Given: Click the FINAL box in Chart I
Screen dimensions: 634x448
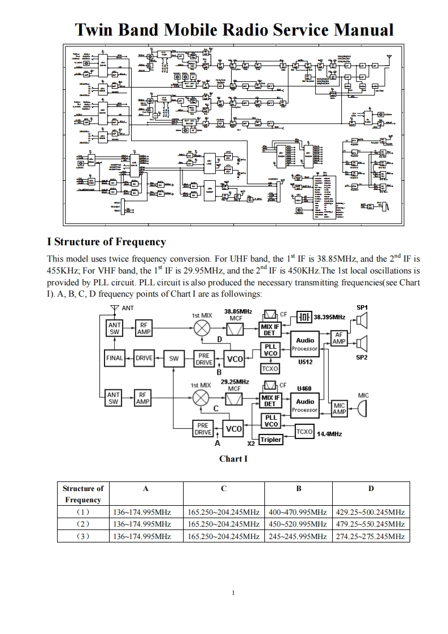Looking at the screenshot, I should click(115, 358).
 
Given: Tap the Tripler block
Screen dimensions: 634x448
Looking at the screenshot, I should click(271, 440).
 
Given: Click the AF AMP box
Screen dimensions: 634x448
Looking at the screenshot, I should click(338, 338).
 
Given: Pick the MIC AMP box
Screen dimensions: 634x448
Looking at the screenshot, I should click(339, 409).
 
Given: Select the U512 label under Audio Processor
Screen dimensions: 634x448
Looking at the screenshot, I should click(305, 362).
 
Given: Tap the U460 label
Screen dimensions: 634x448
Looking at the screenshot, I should click(305, 388).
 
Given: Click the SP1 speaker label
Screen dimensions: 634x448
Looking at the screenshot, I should click(362, 307).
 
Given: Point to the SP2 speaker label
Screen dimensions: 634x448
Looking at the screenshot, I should click(362, 358).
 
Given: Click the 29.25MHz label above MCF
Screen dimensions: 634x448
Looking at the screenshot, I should click(234, 381).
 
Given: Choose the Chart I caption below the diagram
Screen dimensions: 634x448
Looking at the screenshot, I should click(233, 459).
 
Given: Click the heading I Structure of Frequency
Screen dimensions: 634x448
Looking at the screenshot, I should click(106, 242).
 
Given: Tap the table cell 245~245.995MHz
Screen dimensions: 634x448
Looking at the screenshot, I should click(298, 536).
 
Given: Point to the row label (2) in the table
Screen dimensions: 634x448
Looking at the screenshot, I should click(83, 524).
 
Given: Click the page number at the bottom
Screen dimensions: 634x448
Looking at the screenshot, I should click(233, 593).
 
